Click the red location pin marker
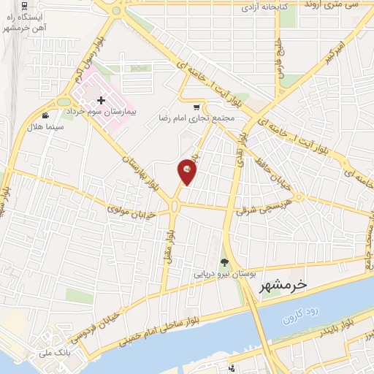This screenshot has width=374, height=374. click(188, 172)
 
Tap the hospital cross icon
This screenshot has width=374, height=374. click(101, 99)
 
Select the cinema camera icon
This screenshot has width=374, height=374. click(46, 115)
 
